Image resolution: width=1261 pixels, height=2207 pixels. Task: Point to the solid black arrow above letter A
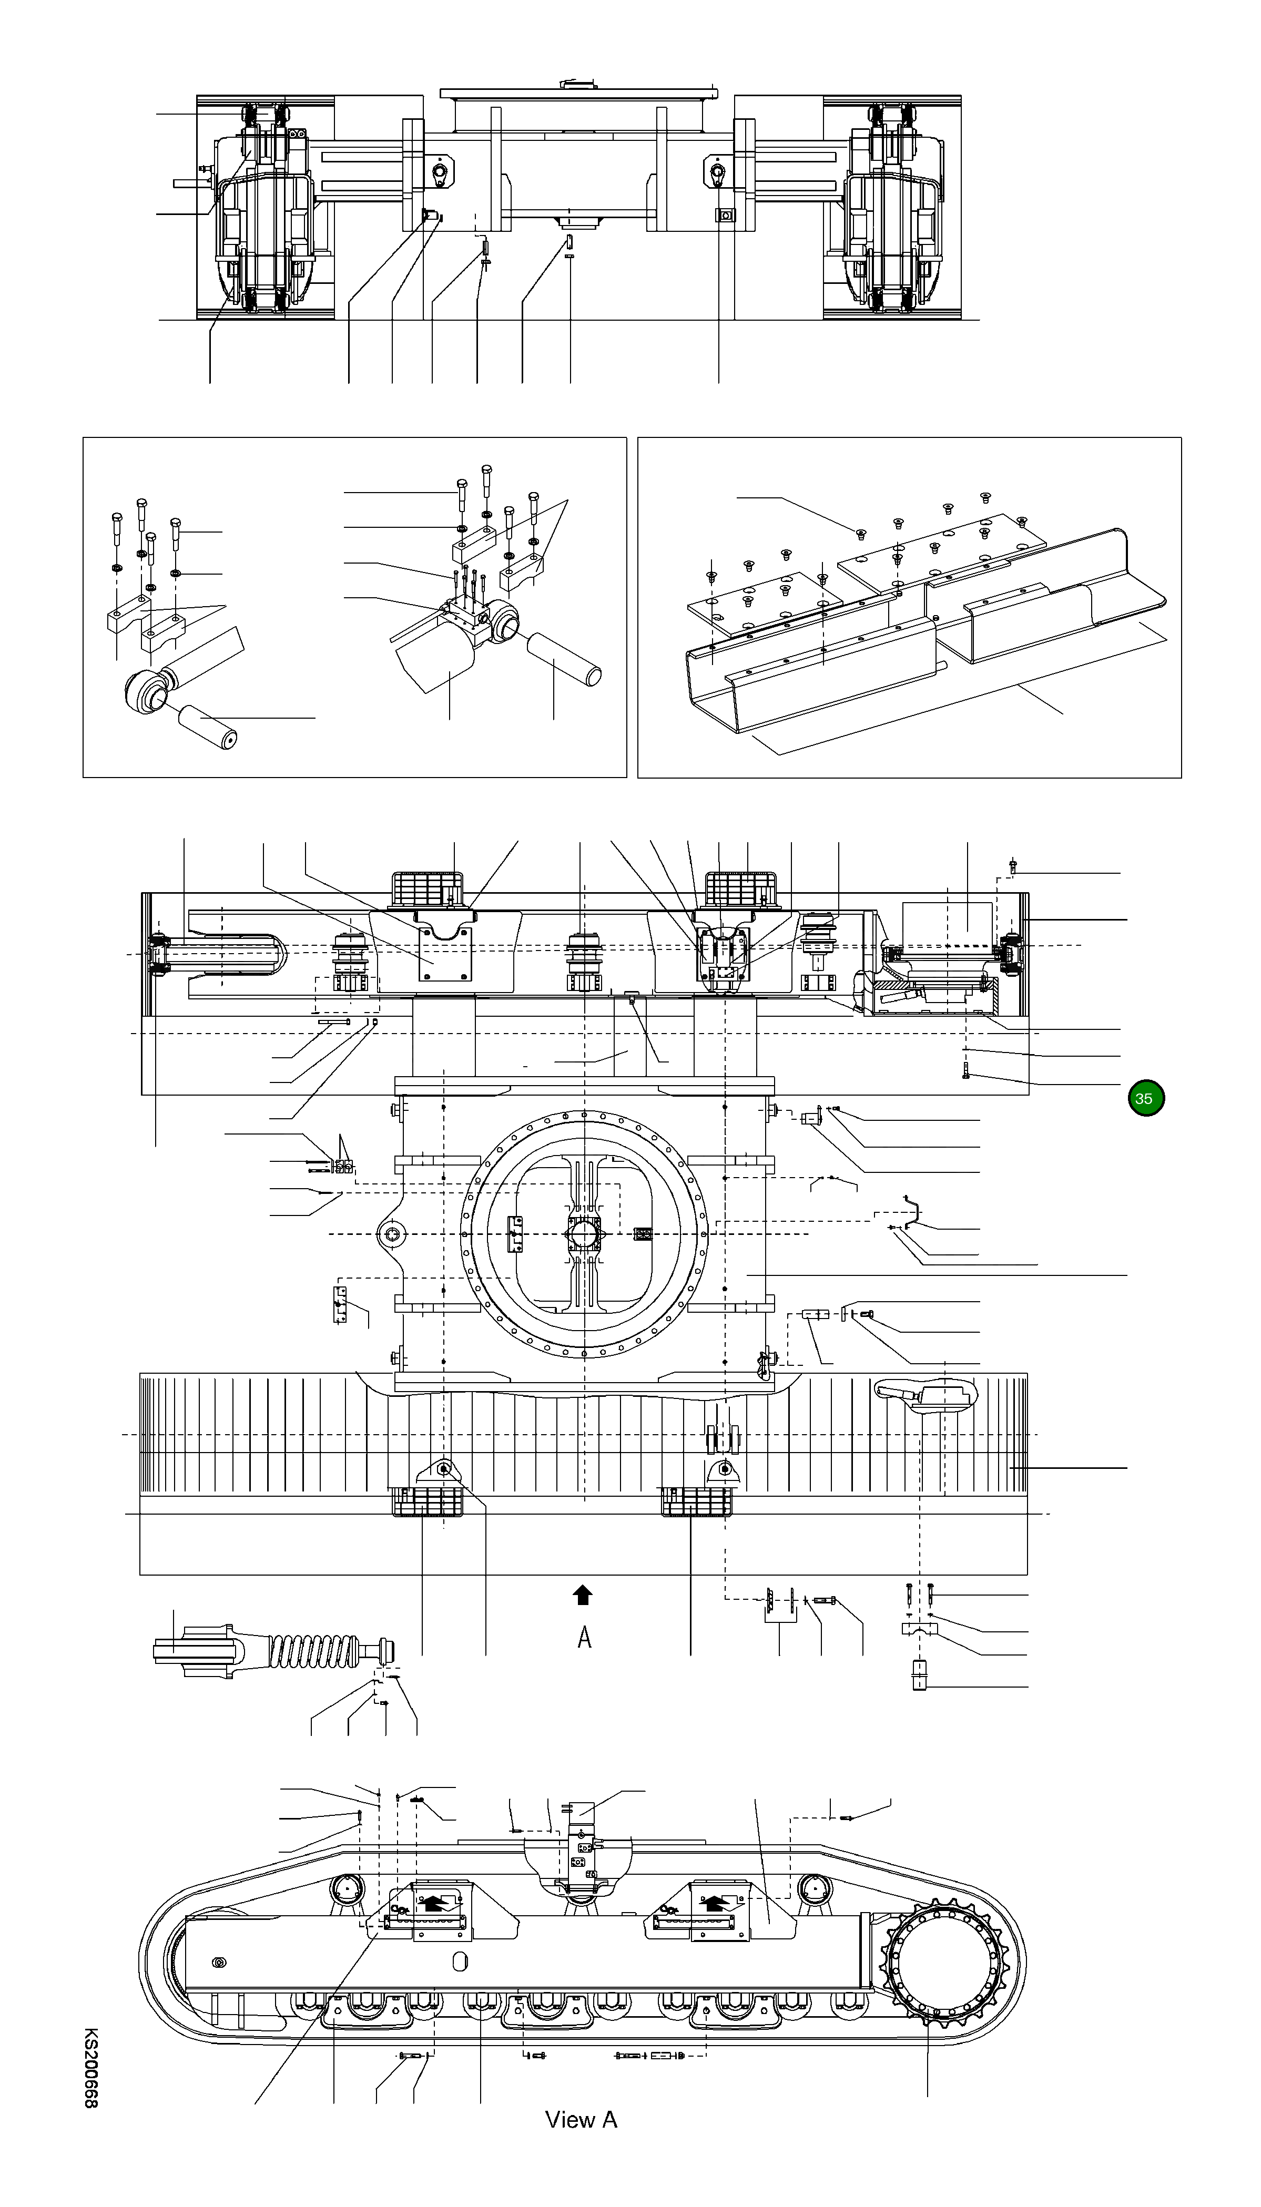583,1594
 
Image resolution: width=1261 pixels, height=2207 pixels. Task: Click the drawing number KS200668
91,2066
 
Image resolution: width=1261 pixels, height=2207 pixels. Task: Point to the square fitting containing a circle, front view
725,214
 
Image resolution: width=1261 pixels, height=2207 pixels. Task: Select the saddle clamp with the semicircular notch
920,1630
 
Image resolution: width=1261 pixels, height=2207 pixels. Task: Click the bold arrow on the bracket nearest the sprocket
713,1902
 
